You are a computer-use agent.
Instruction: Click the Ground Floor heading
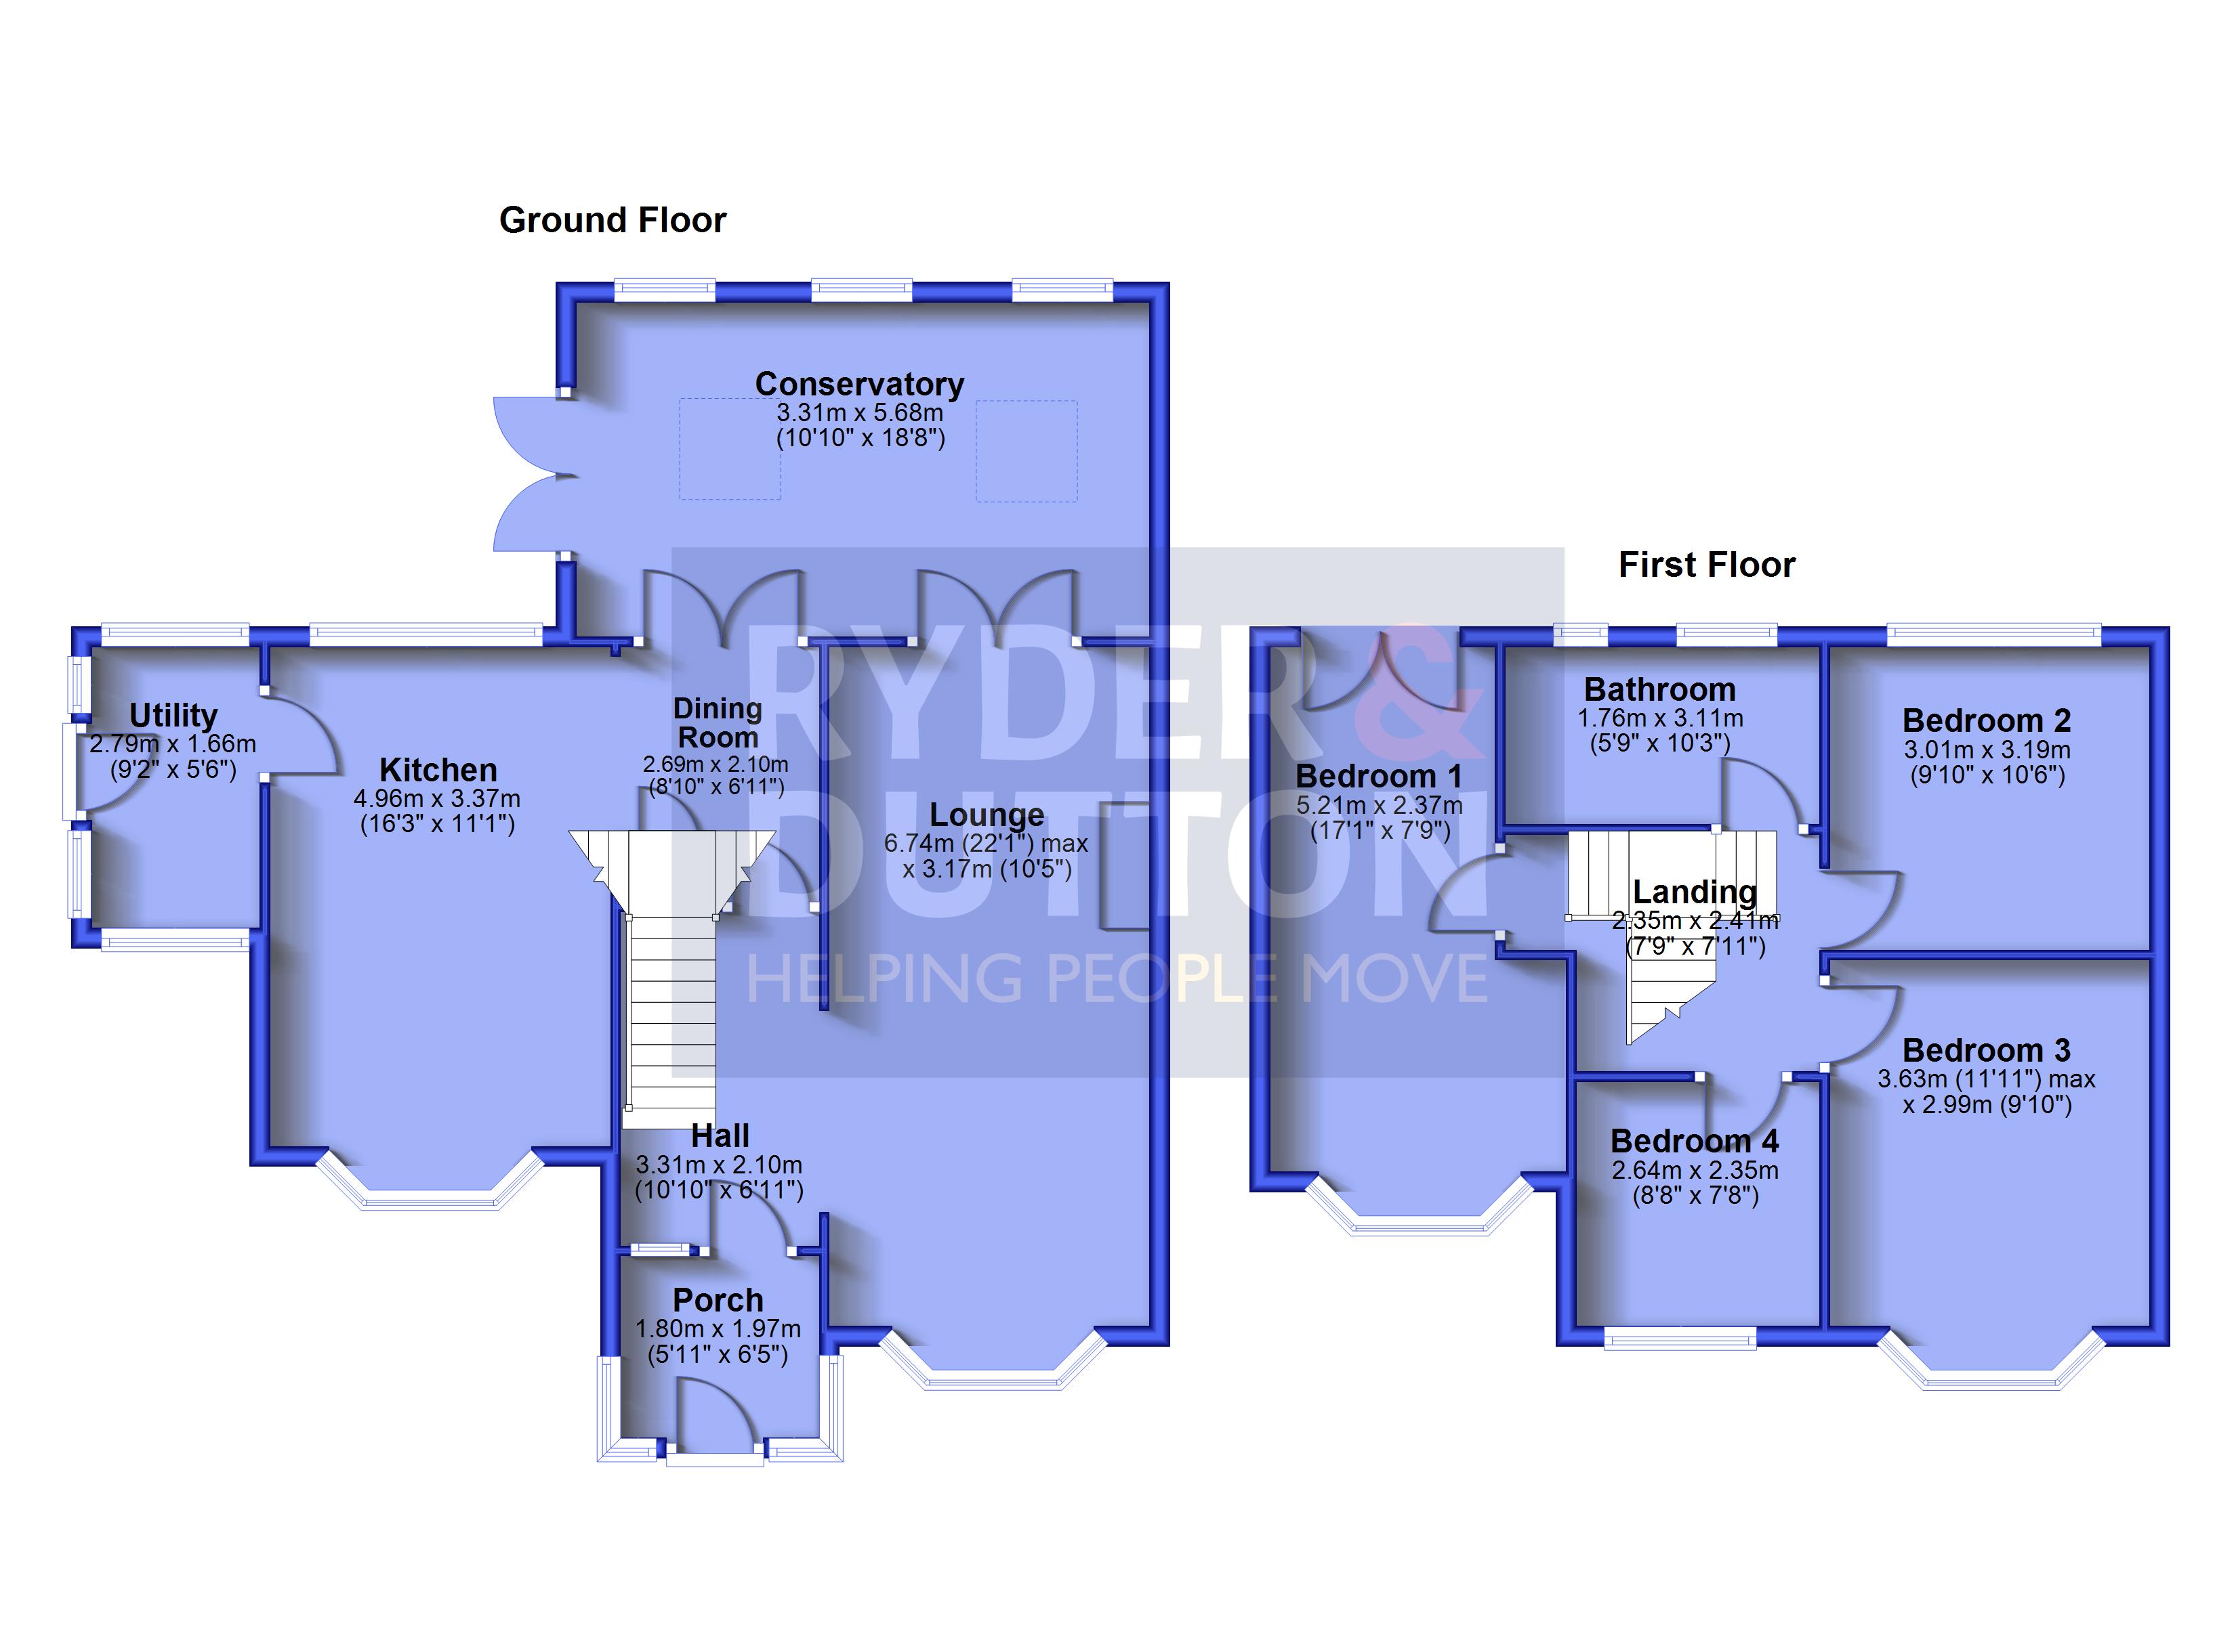[613, 220]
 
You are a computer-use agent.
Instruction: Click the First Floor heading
[1707, 565]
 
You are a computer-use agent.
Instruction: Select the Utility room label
[173, 716]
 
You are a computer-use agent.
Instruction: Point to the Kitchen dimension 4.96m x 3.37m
[437, 798]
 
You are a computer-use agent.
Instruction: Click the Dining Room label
[718, 722]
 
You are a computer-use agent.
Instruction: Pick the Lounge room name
[987, 815]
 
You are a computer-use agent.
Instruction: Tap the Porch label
[718, 1300]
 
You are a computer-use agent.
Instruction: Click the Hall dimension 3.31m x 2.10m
[719, 1165]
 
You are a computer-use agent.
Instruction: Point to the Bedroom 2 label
[1987, 720]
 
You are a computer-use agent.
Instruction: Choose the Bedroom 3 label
[1987, 1049]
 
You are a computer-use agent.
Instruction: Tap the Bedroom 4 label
[1695, 1140]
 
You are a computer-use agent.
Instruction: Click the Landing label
[1695, 891]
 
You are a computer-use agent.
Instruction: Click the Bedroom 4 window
[1680, 1337]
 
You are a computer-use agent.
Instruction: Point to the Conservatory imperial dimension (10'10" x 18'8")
[861, 437]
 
